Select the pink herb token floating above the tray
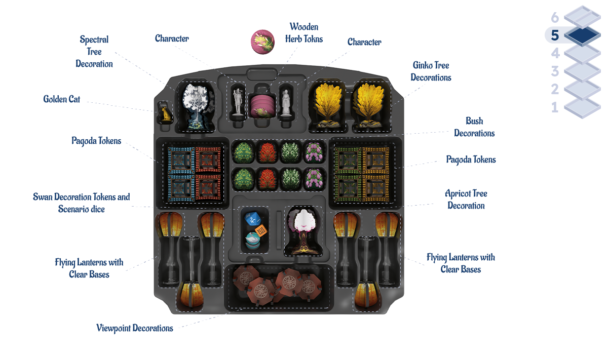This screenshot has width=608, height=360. [x=262, y=42]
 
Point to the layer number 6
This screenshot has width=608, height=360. [x=555, y=18]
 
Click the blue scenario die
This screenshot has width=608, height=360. [x=252, y=219]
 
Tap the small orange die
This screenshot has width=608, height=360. [x=261, y=231]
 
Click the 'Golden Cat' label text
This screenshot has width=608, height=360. [x=62, y=99]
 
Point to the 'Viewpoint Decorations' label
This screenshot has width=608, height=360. [x=135, y=328]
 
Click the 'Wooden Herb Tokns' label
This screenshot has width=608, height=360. [x=304, y=33]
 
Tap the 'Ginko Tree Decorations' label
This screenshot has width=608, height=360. [x=431, y=71]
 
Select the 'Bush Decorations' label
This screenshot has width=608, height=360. [x=474, y=127]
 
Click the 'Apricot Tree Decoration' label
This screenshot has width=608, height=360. [x=466, y=199]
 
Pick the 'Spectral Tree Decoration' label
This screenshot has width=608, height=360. [x=94, y=52]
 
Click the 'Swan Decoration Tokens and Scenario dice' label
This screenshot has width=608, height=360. [x=82, y=203]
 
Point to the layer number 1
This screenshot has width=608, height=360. [x=555, y=107]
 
